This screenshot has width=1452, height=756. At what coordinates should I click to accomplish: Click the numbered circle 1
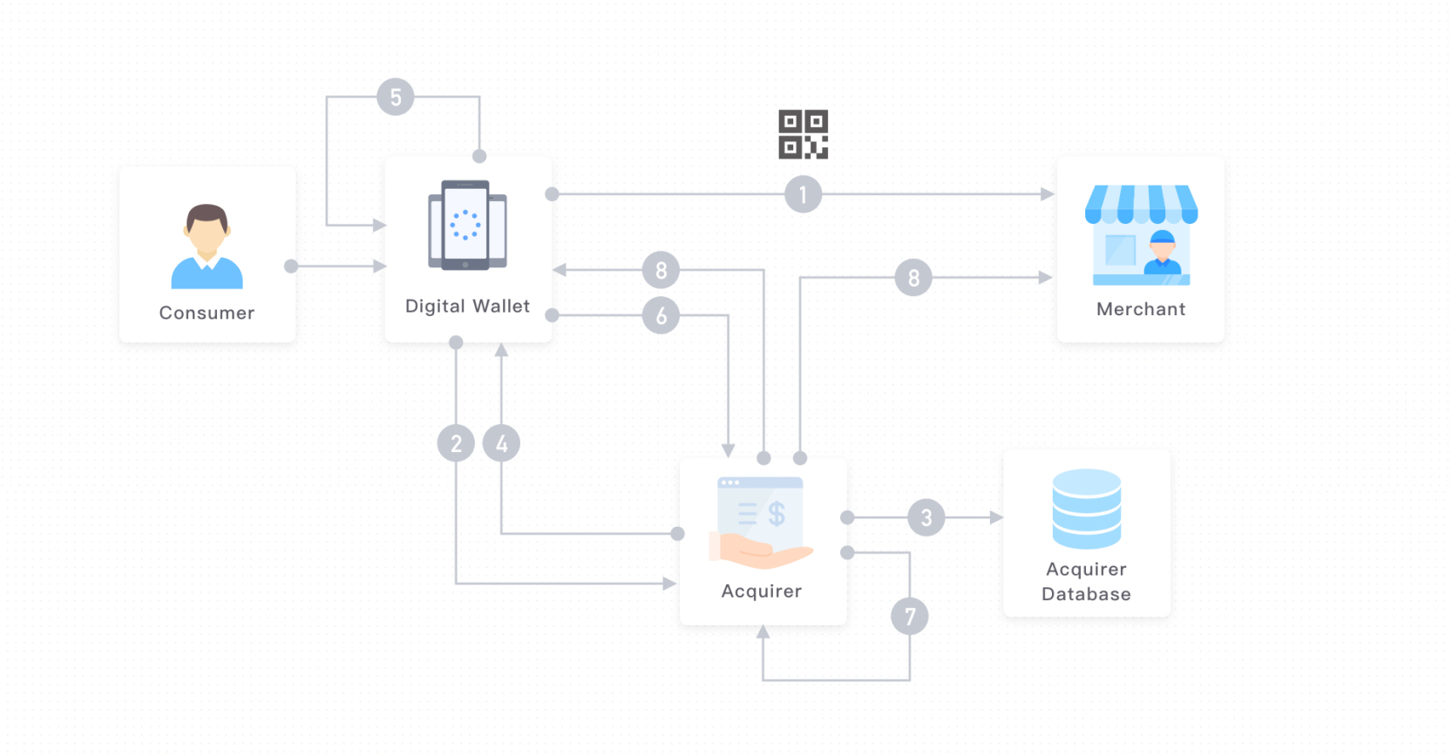click(x=803, y=194)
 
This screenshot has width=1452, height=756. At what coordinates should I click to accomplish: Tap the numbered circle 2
click(x=456, y=443)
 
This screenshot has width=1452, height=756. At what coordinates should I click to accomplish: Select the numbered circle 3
click(x=926, y=517)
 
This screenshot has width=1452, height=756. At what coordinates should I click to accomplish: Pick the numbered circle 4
click(x=501, y=443)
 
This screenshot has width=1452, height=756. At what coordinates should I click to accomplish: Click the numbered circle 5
click(x=395, y=97)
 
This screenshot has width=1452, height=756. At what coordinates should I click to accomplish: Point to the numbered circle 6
click(x=661, y=315)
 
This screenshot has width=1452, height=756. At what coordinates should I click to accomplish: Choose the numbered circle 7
click(x=909, y=617)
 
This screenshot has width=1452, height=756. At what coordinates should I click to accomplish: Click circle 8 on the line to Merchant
click(x=913, y=278)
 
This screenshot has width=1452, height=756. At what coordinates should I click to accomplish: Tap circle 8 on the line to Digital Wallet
click(x=661, y=270)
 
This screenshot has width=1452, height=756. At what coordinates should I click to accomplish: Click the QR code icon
click(x=803, y=134)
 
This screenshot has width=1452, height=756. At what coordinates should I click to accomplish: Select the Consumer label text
click(x=207, y=313)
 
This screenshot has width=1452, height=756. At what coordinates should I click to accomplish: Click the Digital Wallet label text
click(x=467, y=307)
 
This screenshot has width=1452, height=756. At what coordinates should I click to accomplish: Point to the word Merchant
click(x=1140, y=309)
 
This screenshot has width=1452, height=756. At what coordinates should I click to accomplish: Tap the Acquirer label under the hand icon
click(x=761, y=591)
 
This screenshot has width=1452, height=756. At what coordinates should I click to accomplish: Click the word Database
click(x=1086, y=594)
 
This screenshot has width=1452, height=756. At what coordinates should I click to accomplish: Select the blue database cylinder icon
click(x=1086, y=509)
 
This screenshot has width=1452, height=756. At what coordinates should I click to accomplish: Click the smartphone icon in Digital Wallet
click(x=467, y=225)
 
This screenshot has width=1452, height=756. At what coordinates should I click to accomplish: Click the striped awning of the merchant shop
click(x=1140, y=203)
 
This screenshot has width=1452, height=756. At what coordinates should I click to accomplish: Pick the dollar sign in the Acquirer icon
click(x=776, y=514)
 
